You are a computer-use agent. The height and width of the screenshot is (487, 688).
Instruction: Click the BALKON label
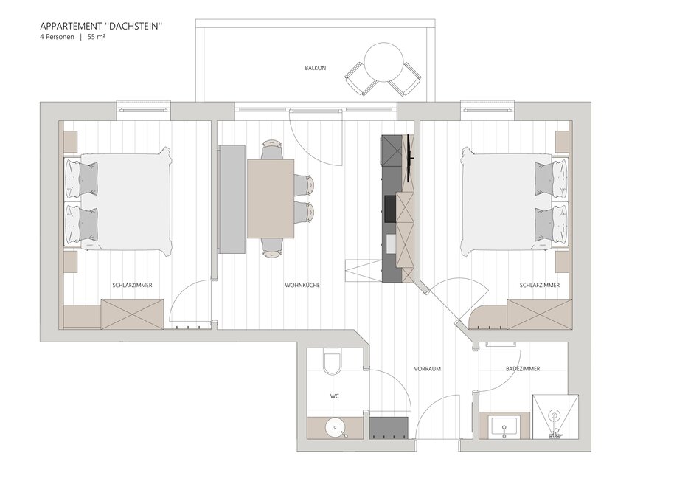[x=315, y=68]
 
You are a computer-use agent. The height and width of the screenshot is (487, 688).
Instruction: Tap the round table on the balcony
[x=384, y=62]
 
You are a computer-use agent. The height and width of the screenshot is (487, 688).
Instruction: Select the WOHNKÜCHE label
[x=302, y=285]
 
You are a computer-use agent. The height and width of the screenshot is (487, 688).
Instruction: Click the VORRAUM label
[x=428, y=369]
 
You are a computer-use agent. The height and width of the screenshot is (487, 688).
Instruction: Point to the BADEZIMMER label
[x=523, y=369]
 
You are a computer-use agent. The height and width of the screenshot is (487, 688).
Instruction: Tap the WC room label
[x=334, y=396]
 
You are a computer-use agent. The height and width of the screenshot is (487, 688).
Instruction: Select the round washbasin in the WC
[x=336, y=427]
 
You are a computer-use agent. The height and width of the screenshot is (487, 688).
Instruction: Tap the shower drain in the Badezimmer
[x=555, y=415]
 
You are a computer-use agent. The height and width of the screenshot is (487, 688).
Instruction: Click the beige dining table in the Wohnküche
[x=271, y=198]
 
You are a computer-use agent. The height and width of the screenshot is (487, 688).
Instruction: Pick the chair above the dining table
[x=271, y=149]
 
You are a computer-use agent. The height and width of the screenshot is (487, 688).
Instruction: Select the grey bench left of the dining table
[x=232, y=199]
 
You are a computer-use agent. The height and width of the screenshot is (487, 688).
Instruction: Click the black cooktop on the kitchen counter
[x=390, y=209]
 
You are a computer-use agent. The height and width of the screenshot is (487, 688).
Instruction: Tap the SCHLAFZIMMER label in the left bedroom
[x=132, y=285]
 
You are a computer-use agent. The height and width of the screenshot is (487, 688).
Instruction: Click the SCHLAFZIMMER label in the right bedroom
[x=539, y=285]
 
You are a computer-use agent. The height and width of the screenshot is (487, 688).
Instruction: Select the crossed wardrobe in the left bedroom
[x=132, y=314]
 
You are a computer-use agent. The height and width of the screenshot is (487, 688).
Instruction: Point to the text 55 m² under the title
[x=96, y=38]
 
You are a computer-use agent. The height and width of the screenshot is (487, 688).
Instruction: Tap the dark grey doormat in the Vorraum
[x=389, y=428]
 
